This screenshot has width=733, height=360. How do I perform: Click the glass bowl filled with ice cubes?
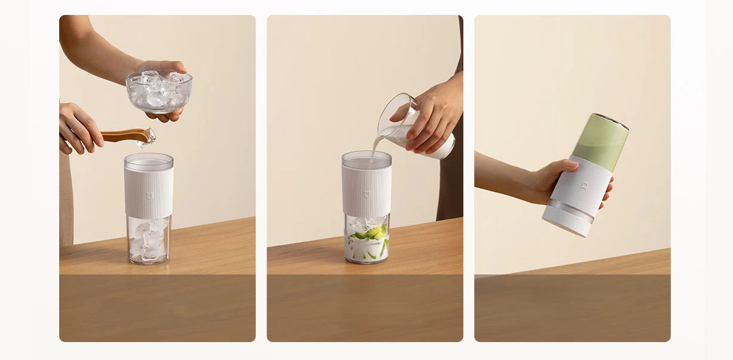click(x=158, y=93)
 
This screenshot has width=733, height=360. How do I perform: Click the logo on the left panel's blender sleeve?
click(x=149, y=195)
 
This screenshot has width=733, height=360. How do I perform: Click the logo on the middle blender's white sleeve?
click(x=366, y=194)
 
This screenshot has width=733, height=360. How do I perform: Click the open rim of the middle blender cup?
click(x=366, y=157)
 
